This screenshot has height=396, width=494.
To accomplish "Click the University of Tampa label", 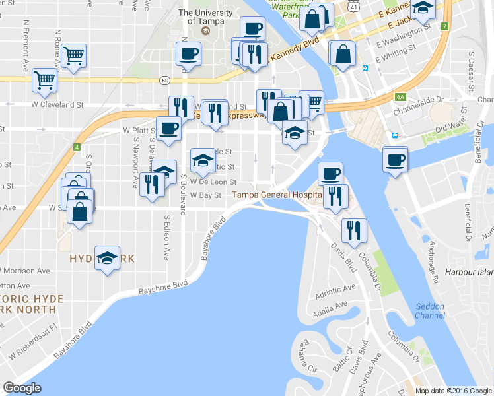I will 205,16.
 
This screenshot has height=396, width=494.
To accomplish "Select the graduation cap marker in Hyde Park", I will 106,257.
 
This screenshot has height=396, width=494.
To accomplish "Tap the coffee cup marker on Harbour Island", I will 396,159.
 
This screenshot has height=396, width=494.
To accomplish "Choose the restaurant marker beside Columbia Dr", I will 354,230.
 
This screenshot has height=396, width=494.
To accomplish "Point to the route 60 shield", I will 164,80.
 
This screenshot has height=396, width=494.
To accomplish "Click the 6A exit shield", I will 400,97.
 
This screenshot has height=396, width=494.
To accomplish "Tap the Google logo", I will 22,388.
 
